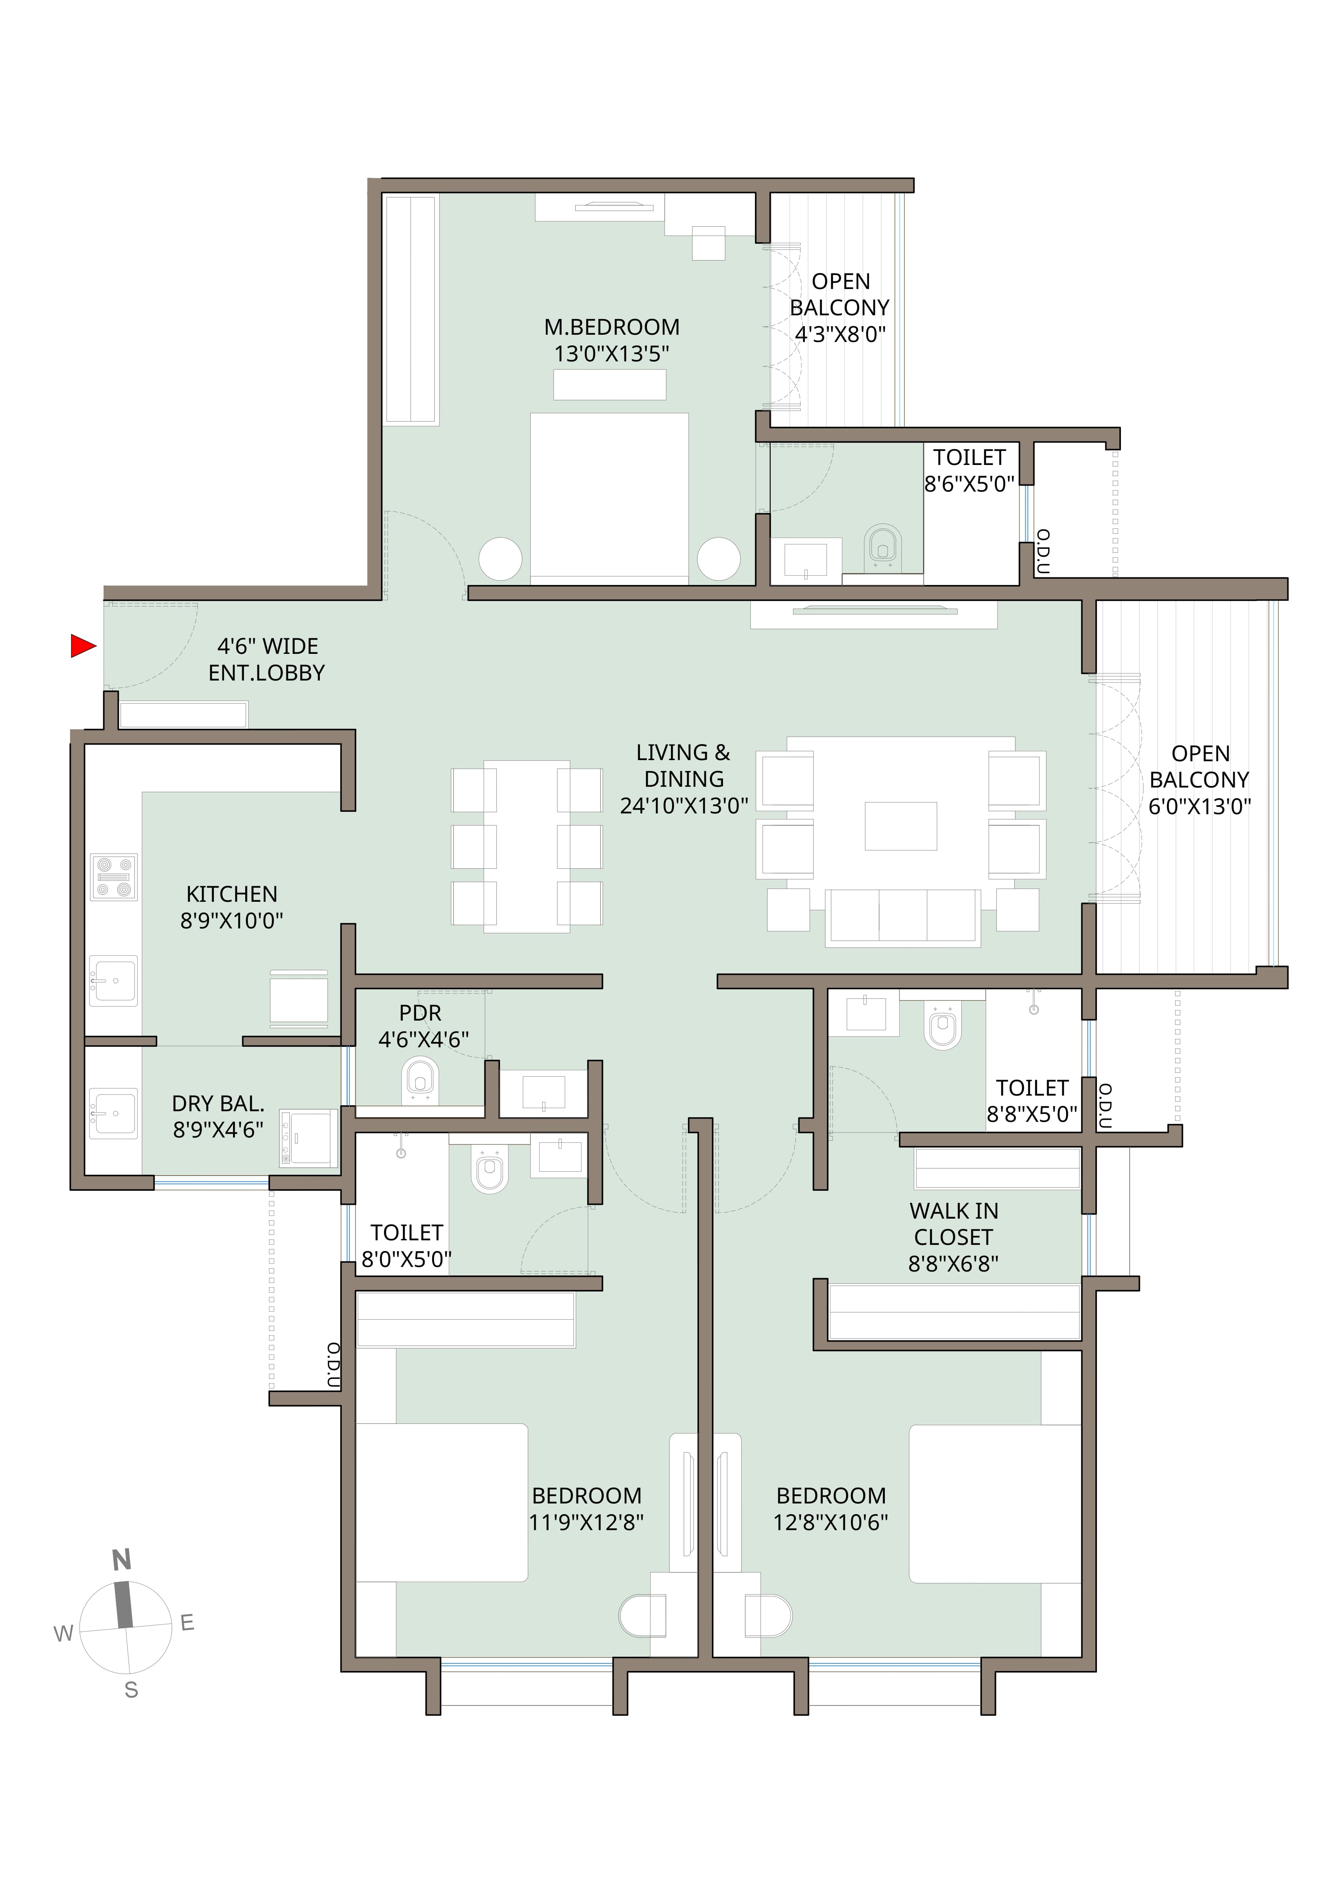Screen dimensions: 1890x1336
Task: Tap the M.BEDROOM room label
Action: [611, 328]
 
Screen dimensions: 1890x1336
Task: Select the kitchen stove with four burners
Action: [113, 877]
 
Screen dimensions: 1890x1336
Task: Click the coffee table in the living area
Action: [900, 826]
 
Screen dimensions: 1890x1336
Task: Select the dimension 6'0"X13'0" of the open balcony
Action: [1199, 807]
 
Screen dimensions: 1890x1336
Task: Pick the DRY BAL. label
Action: [218, 1104]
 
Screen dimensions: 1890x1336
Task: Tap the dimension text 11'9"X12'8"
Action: [586, 1523]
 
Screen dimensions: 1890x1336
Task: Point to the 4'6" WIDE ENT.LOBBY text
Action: [267, 659]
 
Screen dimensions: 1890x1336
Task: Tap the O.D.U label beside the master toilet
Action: [1043, 551]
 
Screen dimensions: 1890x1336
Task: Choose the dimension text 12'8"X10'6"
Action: [831, 1523]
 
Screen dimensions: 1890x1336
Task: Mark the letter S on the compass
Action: [131, 1690]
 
